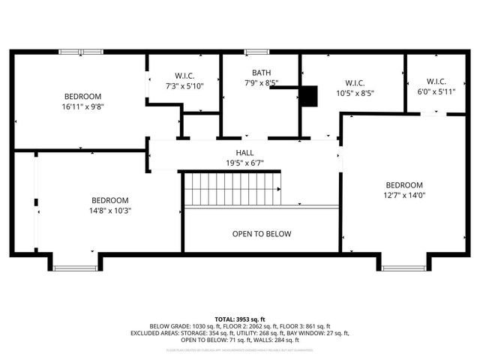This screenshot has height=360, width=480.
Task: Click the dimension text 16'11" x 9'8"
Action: tap(82, 106)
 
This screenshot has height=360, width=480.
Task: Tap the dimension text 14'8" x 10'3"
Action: tap(110, 211)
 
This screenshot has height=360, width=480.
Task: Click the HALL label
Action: tap(244, 152)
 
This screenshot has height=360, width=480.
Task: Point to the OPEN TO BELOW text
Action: tap(261, 234)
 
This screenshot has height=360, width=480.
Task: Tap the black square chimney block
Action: tap(308, 96)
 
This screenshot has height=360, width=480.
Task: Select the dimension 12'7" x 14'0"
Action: tap(404, 195)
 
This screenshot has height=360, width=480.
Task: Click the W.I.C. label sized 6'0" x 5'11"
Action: tap(436, 82)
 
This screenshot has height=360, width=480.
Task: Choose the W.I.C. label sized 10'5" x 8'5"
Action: tap(355, 82)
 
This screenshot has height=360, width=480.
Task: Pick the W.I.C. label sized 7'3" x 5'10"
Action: tap(184, 76)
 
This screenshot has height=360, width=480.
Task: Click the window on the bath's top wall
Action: tap(256, 52)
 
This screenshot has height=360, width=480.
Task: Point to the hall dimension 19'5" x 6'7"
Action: tap(244, 163)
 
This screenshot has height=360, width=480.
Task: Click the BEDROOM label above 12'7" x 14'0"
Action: tap(404, 185)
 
